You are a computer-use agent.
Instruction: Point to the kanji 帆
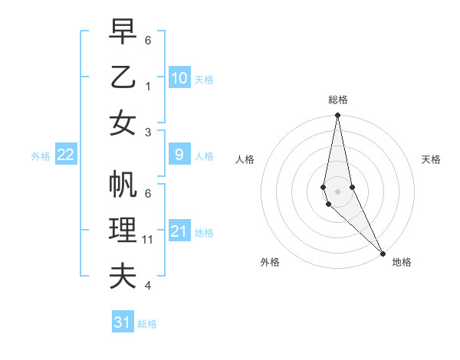pos(123,185)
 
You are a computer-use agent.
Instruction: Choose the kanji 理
pos(123,231)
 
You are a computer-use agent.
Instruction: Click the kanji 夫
pos(123,277)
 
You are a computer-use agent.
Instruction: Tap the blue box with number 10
pos(179,77)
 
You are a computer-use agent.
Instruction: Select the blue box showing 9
pos(179,155)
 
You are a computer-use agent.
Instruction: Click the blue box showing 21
pos(179,231)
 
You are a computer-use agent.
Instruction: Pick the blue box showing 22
pos(65,155)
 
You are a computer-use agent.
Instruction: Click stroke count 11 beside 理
pos(148,240)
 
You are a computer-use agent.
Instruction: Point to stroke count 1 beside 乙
pos(148,86)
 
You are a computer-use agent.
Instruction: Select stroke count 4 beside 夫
pos(148,286)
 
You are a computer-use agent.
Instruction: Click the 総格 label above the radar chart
pos(337,100)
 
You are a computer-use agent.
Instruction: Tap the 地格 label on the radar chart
pos(402,262)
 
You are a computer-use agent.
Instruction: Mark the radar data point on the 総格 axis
pos(337,116)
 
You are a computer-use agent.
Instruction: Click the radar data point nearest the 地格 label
pos(383,253)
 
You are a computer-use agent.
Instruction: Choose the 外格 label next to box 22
pos(41,155)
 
